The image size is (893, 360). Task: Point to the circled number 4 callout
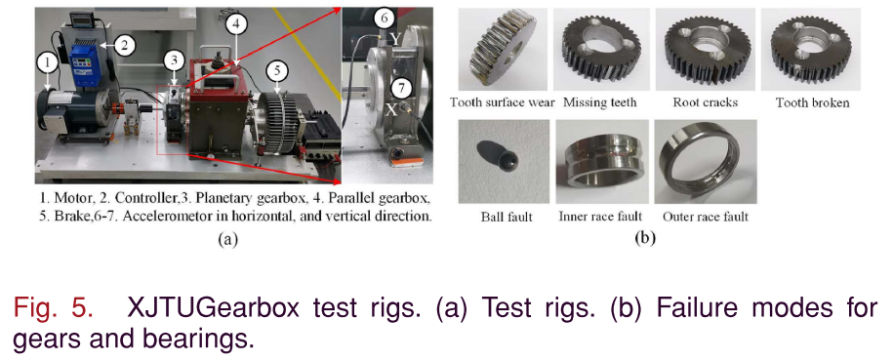point(236,24)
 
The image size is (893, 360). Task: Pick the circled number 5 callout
point(277,70)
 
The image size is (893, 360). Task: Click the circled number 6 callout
point(385,19)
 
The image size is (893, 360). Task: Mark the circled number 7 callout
point(403,89)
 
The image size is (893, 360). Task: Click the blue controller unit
point(84,57)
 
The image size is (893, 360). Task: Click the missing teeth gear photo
point(601,49)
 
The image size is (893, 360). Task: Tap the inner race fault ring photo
point(601,161)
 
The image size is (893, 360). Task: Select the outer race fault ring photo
point(706,161)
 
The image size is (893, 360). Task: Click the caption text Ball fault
point(507,217)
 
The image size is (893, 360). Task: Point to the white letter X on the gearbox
point(390,110)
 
